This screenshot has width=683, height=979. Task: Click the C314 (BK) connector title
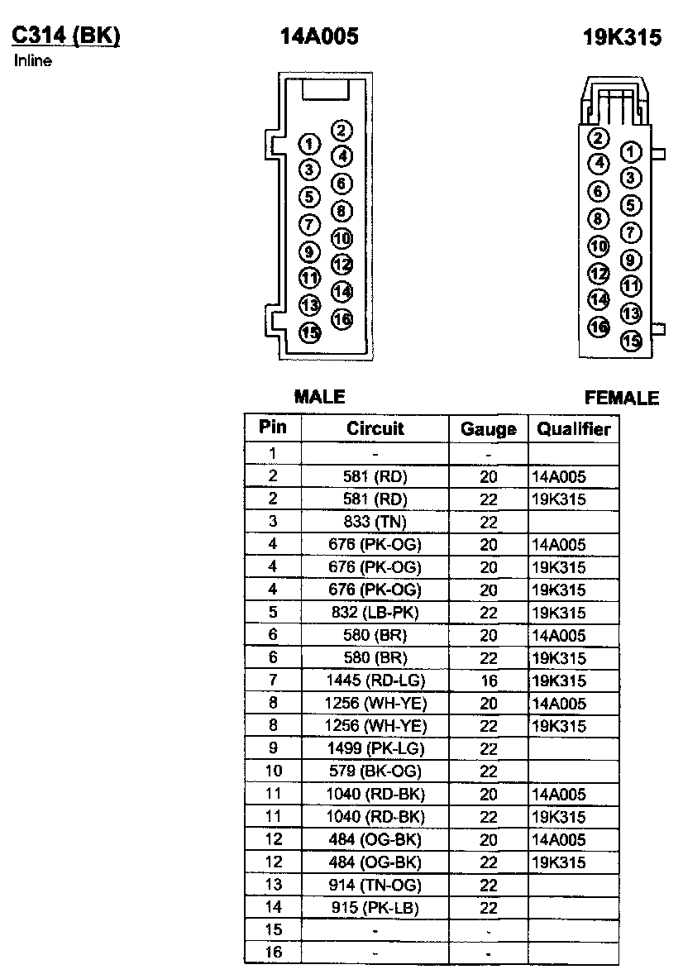tap(65, 36)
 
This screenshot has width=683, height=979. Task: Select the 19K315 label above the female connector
tap(622, 38)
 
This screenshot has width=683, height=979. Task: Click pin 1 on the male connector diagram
tap(309, 145)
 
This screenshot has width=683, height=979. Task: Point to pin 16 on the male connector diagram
tap(341, 318)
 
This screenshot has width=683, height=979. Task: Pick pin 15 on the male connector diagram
tap(309, 332)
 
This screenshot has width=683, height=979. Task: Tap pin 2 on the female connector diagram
tap(599, 138)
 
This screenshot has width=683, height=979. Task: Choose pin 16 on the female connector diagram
tap(599, 326)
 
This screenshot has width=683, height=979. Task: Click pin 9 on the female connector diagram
tap(631, 260)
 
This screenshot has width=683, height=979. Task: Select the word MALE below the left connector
tap(319, 397)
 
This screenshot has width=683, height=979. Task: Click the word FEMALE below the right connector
tap(622, 398)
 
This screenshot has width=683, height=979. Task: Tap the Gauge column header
tap(488, 428)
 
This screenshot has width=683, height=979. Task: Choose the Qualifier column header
tap(573, 428)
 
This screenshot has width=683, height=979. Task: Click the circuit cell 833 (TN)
tap(375, 522)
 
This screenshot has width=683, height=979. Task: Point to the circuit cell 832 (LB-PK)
tap(375, 613)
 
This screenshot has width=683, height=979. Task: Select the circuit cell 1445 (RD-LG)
tap(375, 681)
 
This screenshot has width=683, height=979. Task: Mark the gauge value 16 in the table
tap(488, 681)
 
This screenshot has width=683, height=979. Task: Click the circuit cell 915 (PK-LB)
tap(375, 908)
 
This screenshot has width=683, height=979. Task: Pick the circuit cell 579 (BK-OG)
tap(375, 771)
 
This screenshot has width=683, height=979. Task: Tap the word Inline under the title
tap(33, 61)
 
